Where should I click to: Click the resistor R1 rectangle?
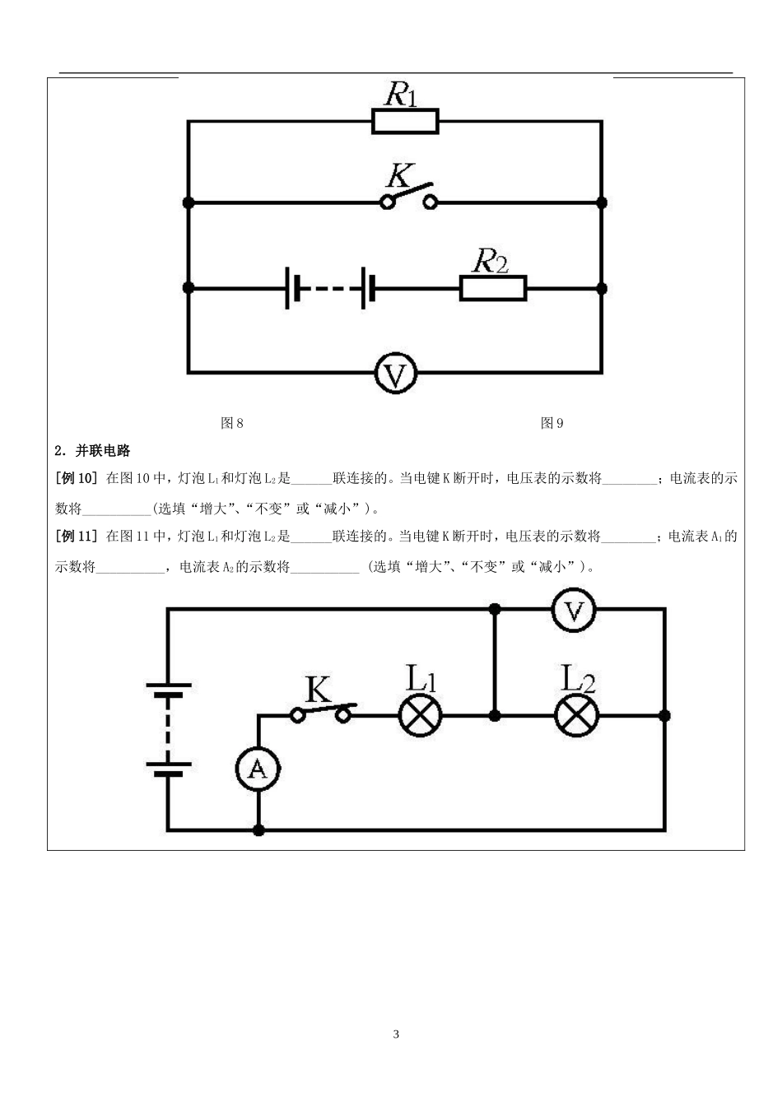[x=405, y=122]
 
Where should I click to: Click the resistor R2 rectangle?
[x=492, y=288]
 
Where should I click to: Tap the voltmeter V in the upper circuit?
[x=396, y=374]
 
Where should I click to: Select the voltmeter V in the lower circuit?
[x=573, y=611]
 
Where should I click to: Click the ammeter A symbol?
[x=258, y=769]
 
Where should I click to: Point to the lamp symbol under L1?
[x=421, y=715]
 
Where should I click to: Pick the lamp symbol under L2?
[x=576, y=715]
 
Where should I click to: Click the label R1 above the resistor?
[x=402, y=94]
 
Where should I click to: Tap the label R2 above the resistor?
[x=490, y=261]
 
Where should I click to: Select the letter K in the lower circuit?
[x=318, y=689]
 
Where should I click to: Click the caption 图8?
[x=232, y=423]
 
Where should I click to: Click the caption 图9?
[x=552, y=423]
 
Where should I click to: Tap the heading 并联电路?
[x=103, y=450]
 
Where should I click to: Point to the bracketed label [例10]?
[x=77, y=477]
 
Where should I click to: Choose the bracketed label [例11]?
[x=77, y=537]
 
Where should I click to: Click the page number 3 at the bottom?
[x=396, y=1034]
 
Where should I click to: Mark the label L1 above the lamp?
[x=421, y=678]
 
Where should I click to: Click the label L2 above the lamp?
[x=577, y=678]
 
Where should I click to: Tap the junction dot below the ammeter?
[x=258, y=829]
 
